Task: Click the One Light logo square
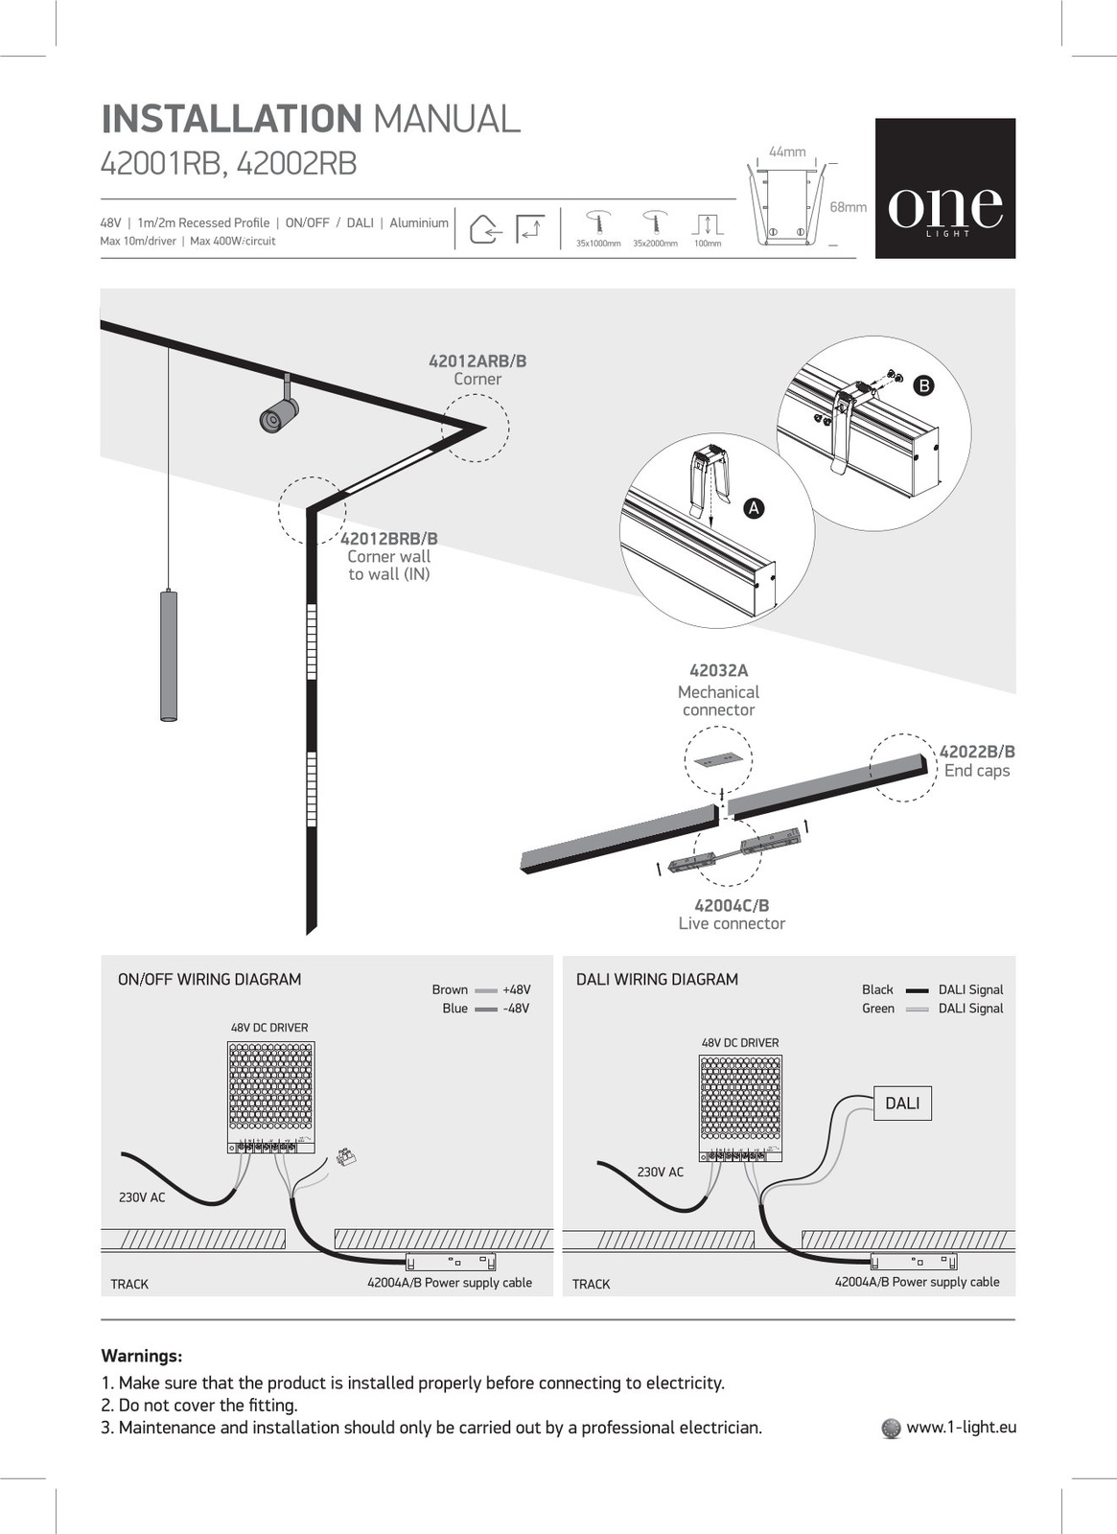pyautogui.click(x=944, y=188)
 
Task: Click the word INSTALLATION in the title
pyautogui.click(x=231, y=119)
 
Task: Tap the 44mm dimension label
pyautogui.click(x=787, y=152)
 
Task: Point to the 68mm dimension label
pyautogui.click(x=848, y=207)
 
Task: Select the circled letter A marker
pyautogui.click(x=755, y=508)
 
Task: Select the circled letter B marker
pyautogui.click(x=923, y=385)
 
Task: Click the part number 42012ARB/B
pyautogui.click(x=477, y=361)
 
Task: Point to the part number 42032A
pyautogui.click(x=718, y=671)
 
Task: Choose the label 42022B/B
pyautogui.click(x=976, y=753)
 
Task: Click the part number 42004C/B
pyautogui.click(x=732, y=906)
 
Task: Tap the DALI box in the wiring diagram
pyautogui.click(x=902, y=1104)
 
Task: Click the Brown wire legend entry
pyautogui.click(x=450, y=990)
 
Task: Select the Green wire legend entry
pyautogui.click(x=878, y=1009)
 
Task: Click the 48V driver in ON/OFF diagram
pyautogui.click(x=270, y=1097)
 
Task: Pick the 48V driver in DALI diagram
pyautogui.click(x=740, y=1108)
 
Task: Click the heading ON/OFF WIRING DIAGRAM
pyautogui.click(x=209, y=980)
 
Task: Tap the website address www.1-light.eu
pyautogui.click(x=961, y=1428)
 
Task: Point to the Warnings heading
pyautogui.click(x=142, y=1357)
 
